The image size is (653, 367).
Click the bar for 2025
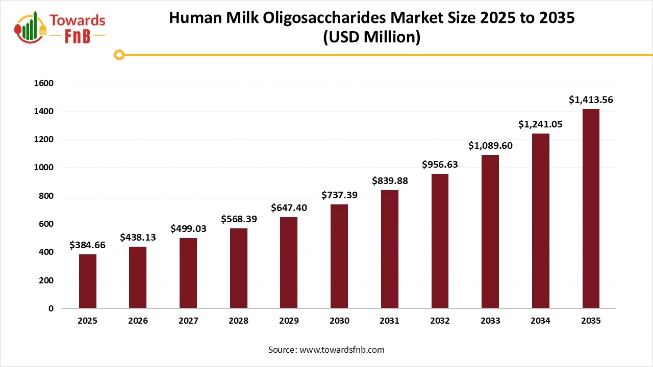tap(88, 281)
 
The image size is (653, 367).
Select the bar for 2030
tap(339, 256)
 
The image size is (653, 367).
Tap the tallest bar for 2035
tap(591, 209)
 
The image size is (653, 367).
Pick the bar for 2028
tap(239, 268)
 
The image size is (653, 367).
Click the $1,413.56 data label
tap(591, 100)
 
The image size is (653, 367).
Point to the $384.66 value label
tap(88, 245)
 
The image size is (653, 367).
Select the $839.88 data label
tap(389, 181)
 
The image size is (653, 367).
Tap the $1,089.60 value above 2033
tap(490, 146)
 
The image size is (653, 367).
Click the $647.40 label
tap(289, 208)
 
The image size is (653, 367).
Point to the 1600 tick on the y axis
tap(43, 83)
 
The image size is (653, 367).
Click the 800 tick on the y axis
tap(46, 196)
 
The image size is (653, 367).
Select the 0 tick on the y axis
tap(51, 308)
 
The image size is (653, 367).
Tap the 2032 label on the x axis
tap(440, 321)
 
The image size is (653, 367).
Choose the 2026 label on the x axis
tap(138, 321)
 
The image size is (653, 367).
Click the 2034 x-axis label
tap(540, 321)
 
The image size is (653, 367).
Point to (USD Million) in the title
tap(371, 37)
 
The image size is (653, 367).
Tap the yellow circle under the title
tap(119, 55)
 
